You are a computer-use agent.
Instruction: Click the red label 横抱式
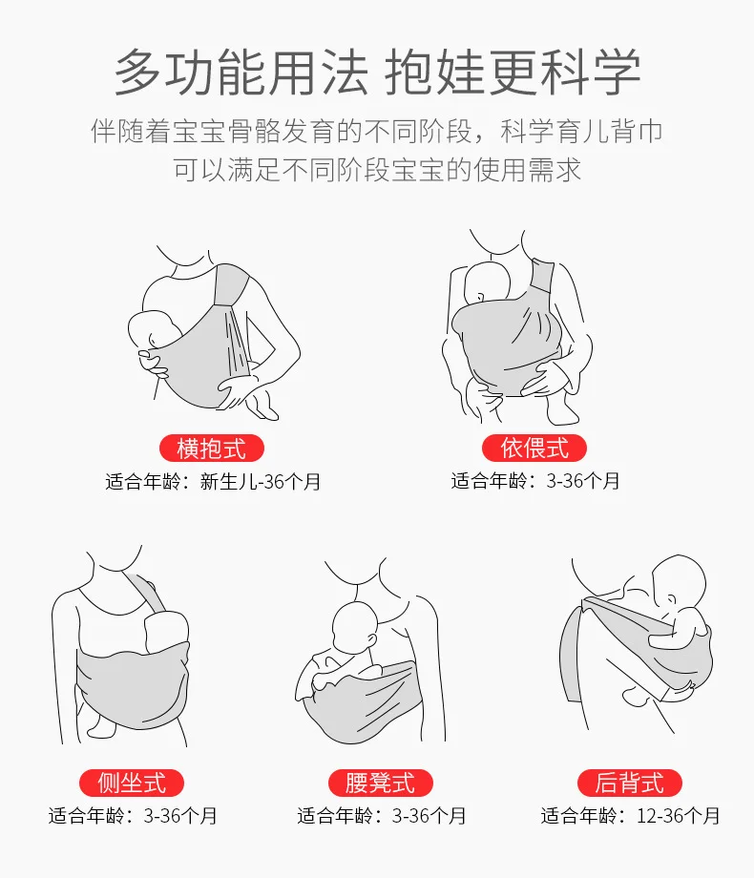coord(211,448)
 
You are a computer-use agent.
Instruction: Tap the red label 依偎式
coord(534,448)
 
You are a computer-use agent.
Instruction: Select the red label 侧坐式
coord(132,783)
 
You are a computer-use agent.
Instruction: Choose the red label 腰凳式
coord(381,783)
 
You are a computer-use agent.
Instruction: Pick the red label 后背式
coord(630,783)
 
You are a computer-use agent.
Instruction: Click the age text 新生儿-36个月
coord(260,482)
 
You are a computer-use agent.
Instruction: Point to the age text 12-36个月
coord(678,816)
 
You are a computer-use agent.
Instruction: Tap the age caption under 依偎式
coord(535,481)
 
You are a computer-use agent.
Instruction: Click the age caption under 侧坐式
coord(133,816)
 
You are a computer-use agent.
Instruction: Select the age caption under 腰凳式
coord(382,816)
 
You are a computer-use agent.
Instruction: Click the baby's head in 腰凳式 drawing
coord(355,627)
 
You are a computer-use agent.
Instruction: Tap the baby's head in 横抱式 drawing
coord(153,329)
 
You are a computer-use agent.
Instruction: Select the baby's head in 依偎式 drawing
coord(486,283)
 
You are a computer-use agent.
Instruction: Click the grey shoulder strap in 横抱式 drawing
coord(231,285)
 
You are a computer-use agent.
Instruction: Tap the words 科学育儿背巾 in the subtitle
coord(581,132)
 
